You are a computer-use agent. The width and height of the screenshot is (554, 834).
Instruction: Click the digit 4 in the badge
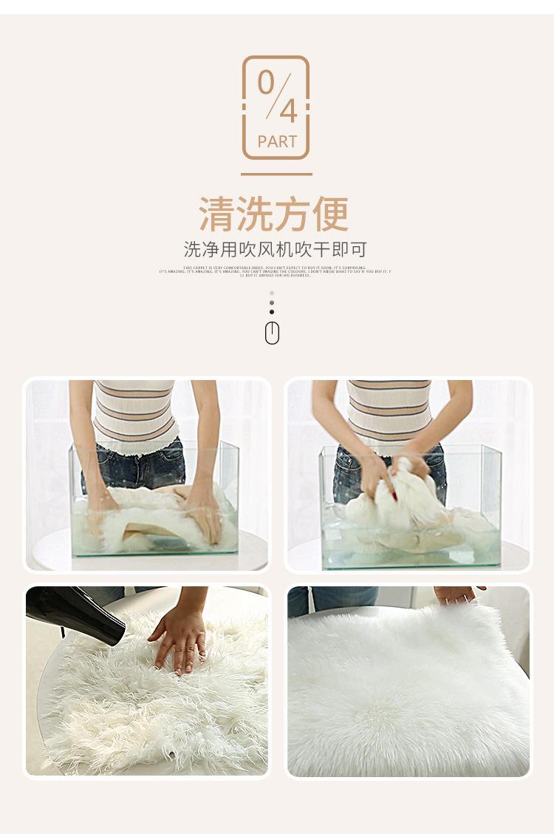(287, 112)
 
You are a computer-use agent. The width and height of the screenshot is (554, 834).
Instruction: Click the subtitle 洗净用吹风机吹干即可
(275, 249)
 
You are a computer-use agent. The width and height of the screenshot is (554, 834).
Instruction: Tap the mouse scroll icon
(272, 334)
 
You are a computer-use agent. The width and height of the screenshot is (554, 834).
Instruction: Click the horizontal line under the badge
(276, 174)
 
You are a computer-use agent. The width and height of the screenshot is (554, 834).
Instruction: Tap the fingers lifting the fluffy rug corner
(458, 594)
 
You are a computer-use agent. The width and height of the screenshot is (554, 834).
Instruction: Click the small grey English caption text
(275, 271)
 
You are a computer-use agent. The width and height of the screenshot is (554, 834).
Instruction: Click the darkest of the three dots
(272, 312)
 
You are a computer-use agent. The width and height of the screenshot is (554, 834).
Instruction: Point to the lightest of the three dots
(272, 293)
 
